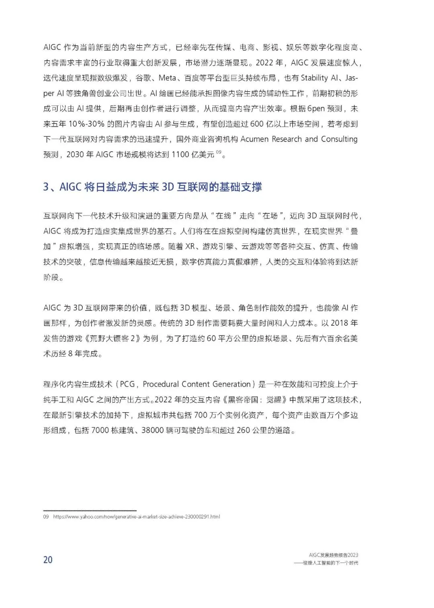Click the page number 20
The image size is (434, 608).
48,559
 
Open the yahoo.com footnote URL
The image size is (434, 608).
136,517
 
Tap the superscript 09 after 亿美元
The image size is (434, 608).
218,152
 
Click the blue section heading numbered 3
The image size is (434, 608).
153,187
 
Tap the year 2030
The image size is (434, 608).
75,154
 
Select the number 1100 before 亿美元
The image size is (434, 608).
181,154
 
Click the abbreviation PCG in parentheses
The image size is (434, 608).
127,384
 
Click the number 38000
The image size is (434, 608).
152,430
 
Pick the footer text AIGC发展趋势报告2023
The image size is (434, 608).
334,555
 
